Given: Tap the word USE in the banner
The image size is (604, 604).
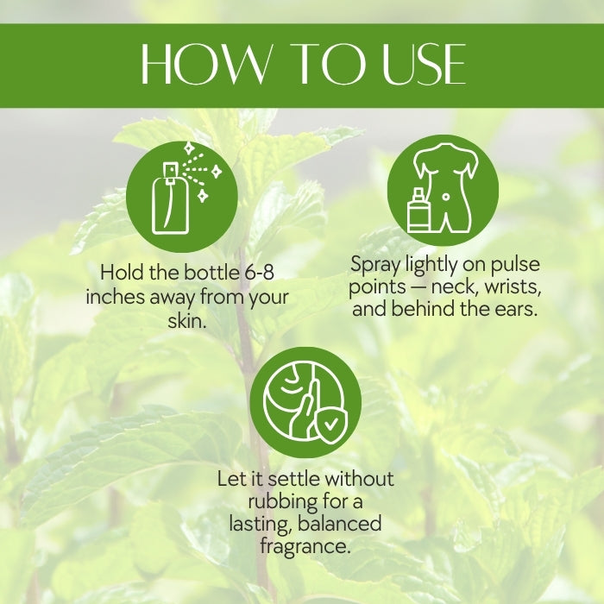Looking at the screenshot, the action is (424, 64).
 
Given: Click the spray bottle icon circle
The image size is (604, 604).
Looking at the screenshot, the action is (182, 197).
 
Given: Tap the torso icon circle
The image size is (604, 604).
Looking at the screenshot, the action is (443, 191).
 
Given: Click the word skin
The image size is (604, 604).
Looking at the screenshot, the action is (187, 320).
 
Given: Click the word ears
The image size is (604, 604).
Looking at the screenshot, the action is (516, 309).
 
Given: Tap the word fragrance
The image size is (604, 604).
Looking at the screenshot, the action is (305, 546).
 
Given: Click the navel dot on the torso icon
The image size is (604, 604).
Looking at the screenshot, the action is (446, 197).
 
